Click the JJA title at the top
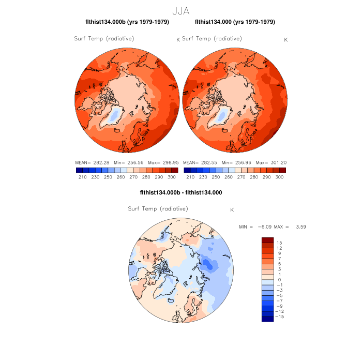pyautogui.click(x=180, y=10)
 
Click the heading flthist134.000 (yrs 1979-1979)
pyautogui.click(x=235, y=22)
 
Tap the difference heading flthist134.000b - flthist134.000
pyautogui.click(x=180, y=193)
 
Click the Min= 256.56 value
pyautogui.click(x=129, y=162)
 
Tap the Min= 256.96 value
pyautogui.click(x=236, y=162)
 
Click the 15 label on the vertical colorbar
pyautogui.click(x=279, y=243)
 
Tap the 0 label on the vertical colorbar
pyautogui.click(x=279, y=280)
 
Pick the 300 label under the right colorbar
pyautogui.click(x=279, y=177)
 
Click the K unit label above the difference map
pyautogui.click(x=232, y=210)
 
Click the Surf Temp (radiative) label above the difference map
pyautogui.click(x=158, y=208)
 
